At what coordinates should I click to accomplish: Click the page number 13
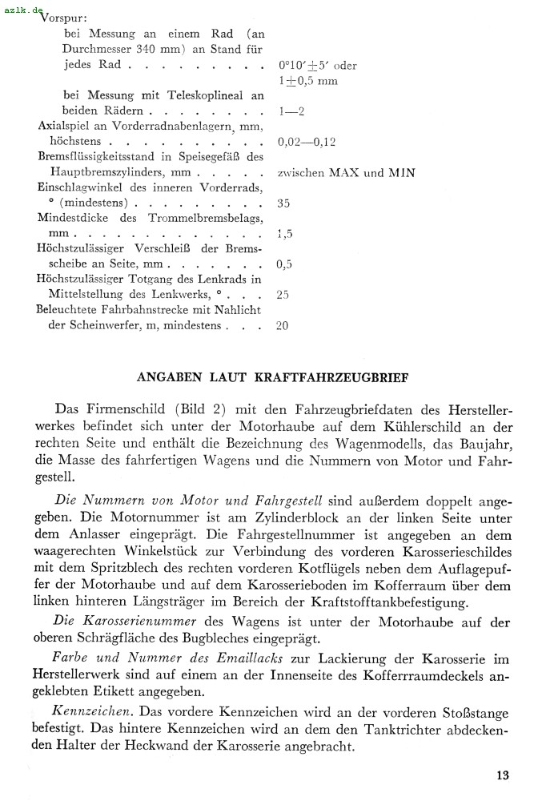pyautogui.click(x=502, y=775)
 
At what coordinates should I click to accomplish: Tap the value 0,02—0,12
pyautogui.click(x=307, y=142)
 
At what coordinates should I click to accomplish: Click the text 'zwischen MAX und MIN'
pyautogui.click(x=346, y=172)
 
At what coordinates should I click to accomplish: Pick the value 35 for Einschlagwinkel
pyautogui.click(x=283, y=203)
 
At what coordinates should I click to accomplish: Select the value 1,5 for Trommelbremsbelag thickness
pyautogui.click(x=283, y=233)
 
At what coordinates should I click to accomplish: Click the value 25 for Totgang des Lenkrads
pyautogui.click(x=283, y=295)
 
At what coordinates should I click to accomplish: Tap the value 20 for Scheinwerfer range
pyautogui.click(x=283, y=325)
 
